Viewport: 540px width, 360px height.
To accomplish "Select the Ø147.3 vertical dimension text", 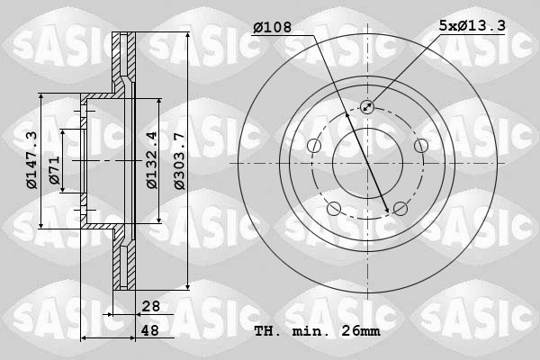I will pyautogui.click(x=31, y=160).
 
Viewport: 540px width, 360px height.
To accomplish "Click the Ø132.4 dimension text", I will pyautogui.click(x=152, y=160).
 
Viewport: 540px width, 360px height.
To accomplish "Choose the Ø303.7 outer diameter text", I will pyautogui.click(x=179, y=160).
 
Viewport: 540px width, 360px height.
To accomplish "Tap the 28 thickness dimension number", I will pyautogui.click(x=150, y=307).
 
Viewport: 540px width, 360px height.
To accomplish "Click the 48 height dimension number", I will pyautogui.click(x=150, y=331).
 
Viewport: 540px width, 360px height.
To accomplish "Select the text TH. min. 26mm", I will pyautogui.click(x=317, y=331).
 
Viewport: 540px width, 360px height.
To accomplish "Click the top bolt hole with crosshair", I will pyautogui.click(x=367, y=107).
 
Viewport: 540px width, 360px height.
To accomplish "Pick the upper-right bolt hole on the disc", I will pyautogui.click(x=420, y=146).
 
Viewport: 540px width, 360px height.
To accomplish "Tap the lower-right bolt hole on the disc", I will pyautogui.click(x=400, y=208).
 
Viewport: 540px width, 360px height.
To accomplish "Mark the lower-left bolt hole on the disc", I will pyautogui.click(x=334, y=209).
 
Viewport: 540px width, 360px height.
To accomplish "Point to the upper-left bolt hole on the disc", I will pyautogui.click(x=314, y=146).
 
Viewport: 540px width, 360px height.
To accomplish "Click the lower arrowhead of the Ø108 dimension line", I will pyautogui.click(x=388, y=211).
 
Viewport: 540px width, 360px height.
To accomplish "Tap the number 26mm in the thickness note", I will pyautogui.click(x=362, y=331).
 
